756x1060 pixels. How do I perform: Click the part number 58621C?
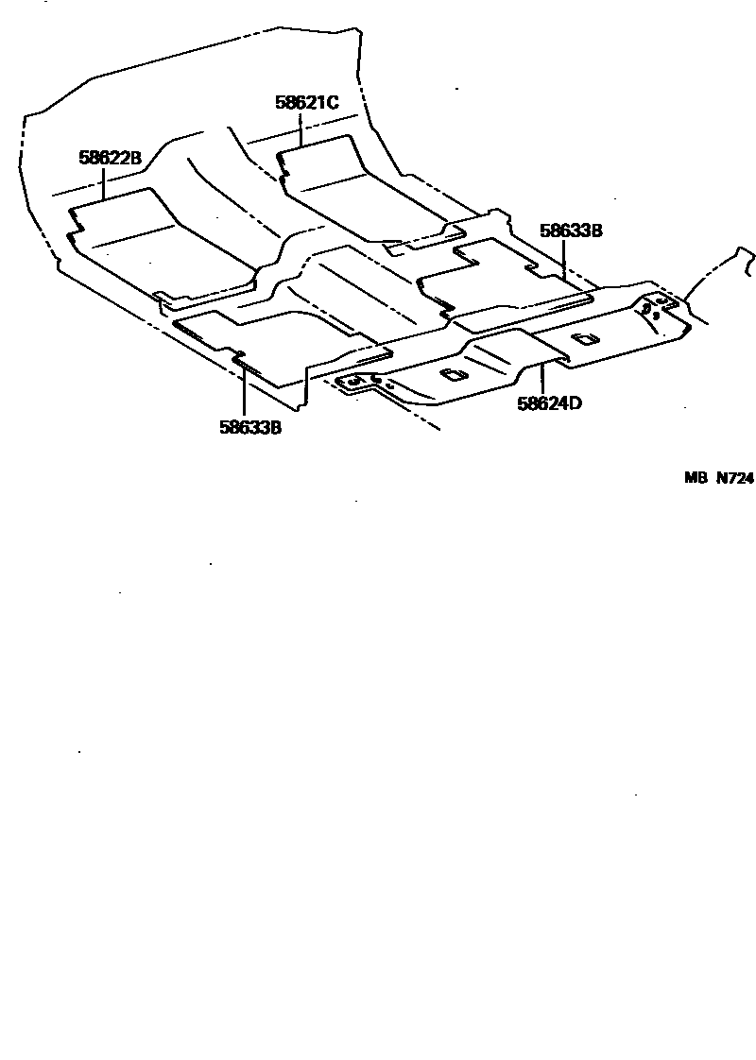click(307, 102)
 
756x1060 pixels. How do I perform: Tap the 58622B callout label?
click(110, 158)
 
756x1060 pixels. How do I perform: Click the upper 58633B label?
click(571, 231)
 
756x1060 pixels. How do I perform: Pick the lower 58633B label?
click(250, 427)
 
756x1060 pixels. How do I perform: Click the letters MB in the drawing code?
click(696, 478)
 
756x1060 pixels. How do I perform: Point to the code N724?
click(734, 478)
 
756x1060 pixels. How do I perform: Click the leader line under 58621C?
click(301, 128)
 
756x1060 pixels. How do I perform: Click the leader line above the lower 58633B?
click(244, 392)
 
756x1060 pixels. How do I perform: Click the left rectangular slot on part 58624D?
click(454, 375)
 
